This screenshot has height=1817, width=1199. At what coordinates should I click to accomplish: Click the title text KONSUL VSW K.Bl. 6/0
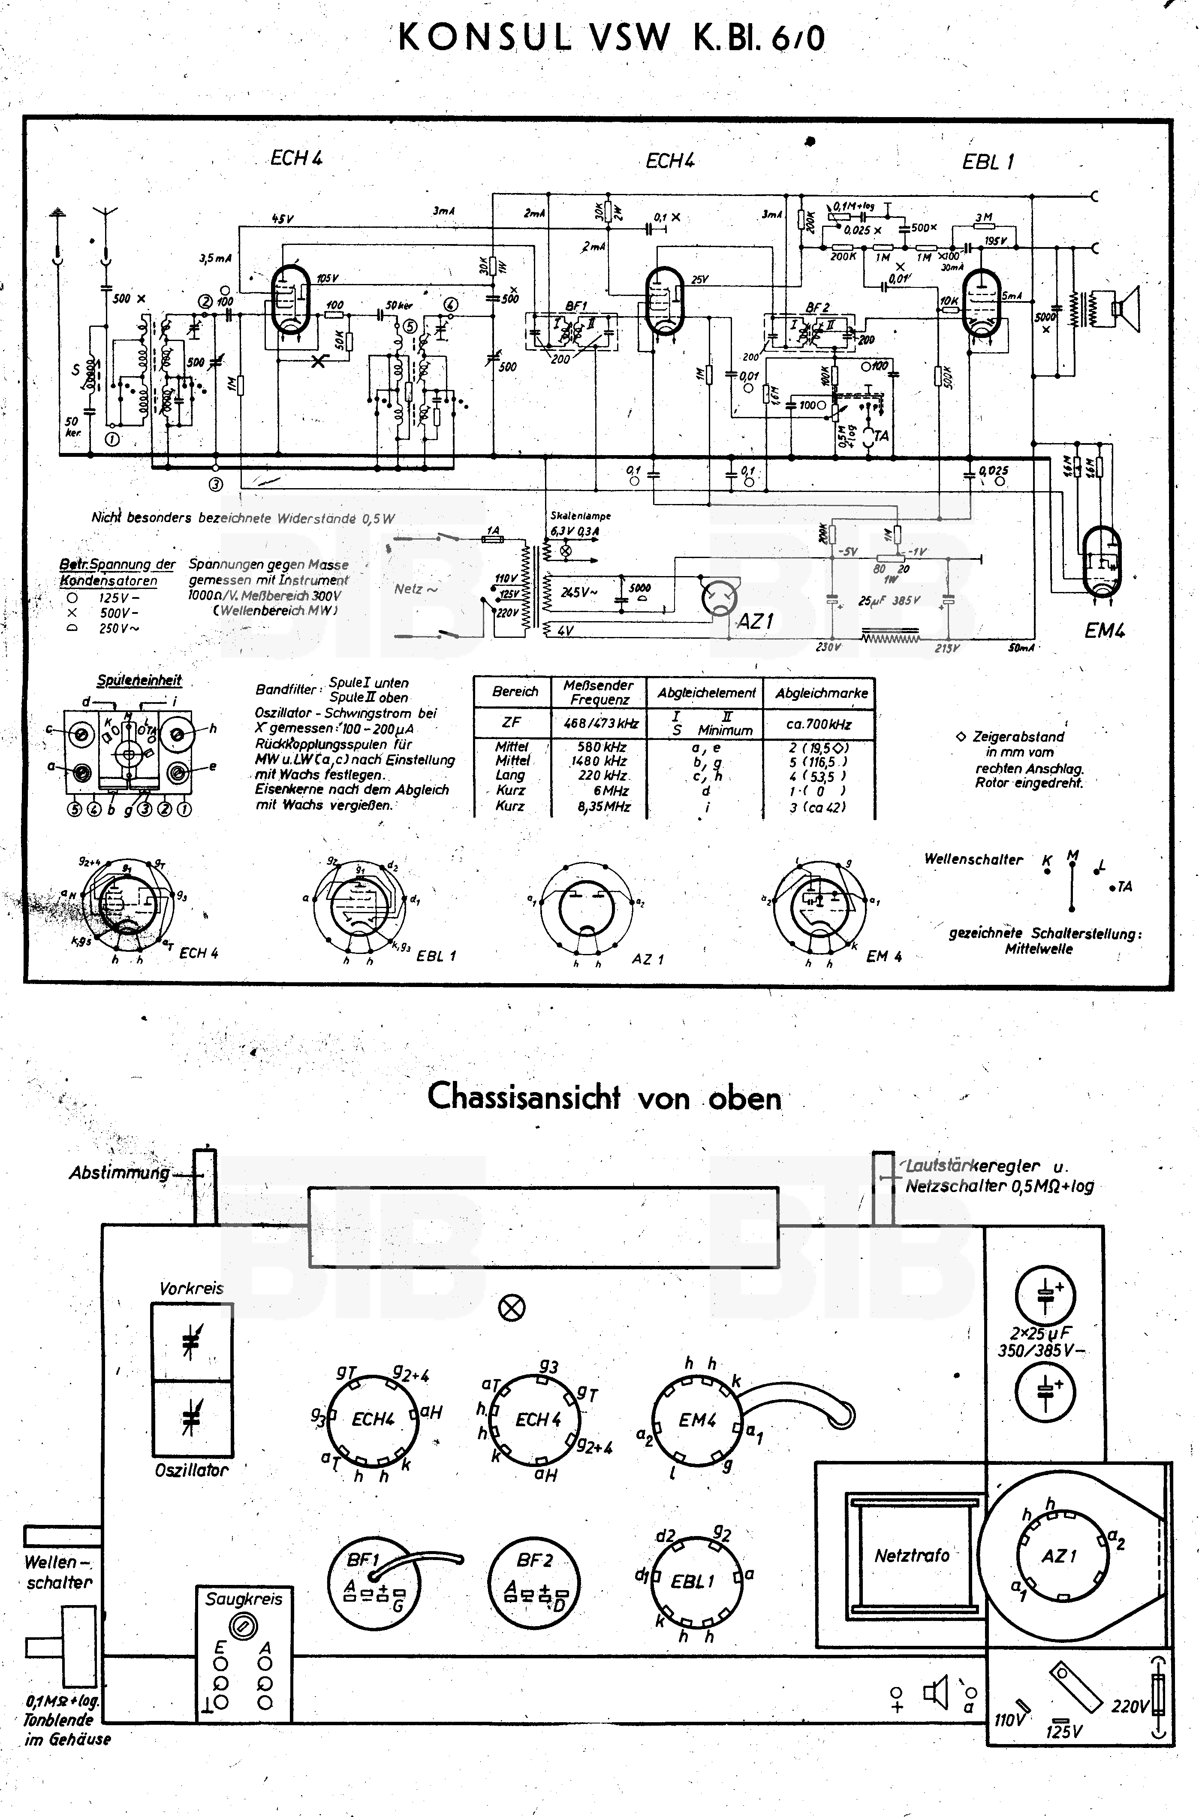612,37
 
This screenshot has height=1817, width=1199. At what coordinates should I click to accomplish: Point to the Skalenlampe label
580,516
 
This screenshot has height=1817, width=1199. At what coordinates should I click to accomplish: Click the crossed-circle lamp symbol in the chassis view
512,1308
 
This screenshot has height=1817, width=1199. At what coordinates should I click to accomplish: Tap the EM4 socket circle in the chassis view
696,1421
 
